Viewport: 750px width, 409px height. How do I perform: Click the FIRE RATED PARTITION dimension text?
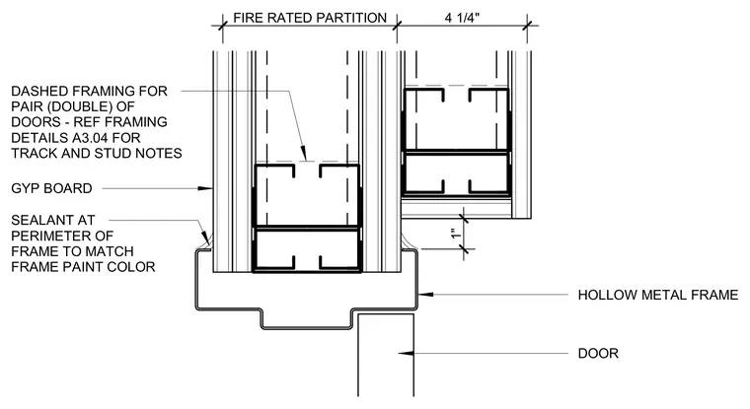(310, 18)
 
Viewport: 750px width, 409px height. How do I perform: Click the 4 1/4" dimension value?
(462, 18)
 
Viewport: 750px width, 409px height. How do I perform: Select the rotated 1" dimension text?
(456, 235)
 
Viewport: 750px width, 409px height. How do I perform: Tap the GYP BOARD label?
(51, 188)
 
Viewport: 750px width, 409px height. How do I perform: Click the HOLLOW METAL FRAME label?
(658, 295)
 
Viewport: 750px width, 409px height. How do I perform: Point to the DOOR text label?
(598, 353)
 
